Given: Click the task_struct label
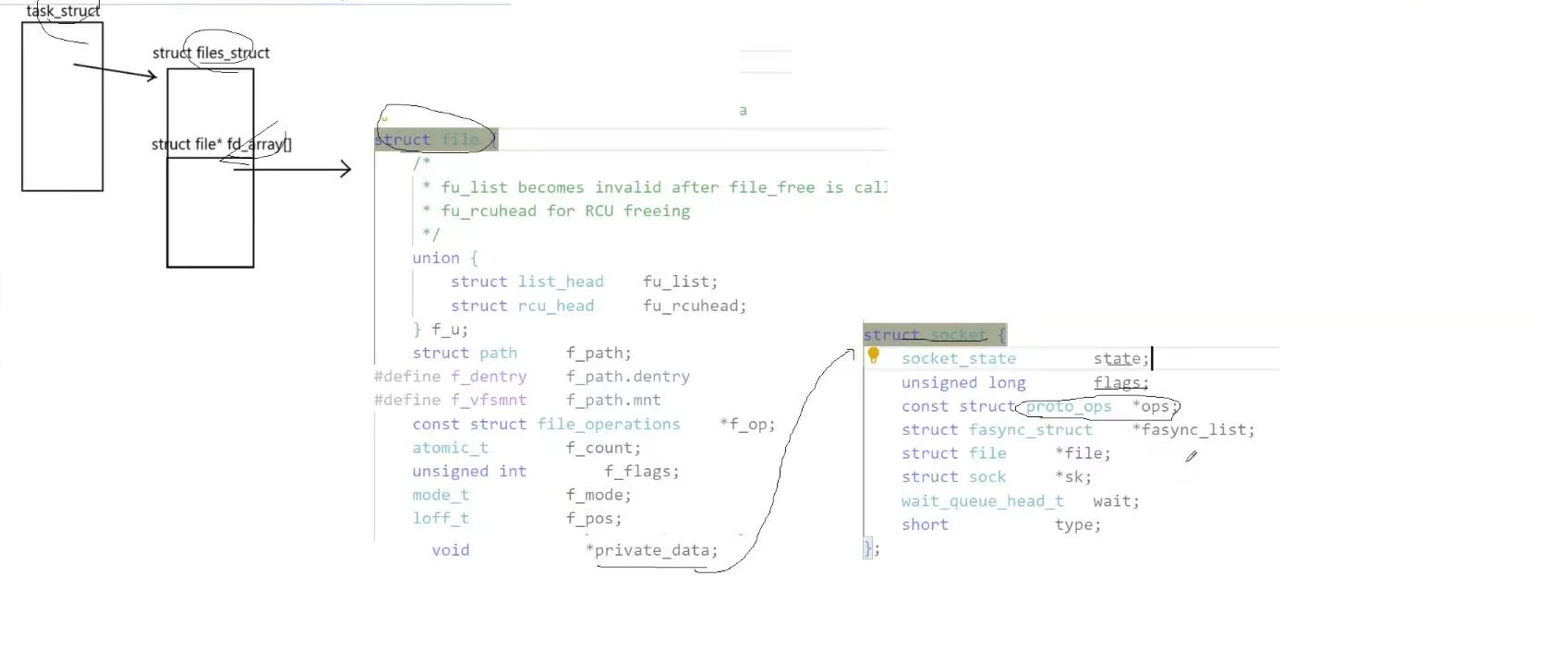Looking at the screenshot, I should (63, 11).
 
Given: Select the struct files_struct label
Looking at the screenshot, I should (211, 53).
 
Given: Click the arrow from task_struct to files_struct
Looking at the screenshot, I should (115, 71).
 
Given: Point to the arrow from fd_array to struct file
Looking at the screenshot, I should (292, 169).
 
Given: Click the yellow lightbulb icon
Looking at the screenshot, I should (873, 355).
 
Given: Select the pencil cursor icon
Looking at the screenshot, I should (1192, 456).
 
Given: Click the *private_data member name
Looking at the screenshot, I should (651, 550).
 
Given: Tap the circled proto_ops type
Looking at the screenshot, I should (1069, 406).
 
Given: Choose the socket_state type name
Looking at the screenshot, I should (959, 358).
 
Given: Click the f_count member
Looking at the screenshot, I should (603, 448).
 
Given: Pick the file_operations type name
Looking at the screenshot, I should (609, 424).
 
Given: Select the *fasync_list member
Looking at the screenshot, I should (1193, 429).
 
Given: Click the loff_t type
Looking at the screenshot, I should (441, 518).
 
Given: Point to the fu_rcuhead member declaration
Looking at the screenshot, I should (695, 306).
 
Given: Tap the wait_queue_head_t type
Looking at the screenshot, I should (982, 500).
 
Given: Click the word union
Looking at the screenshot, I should (436, 258).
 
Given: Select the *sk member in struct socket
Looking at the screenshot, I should (1073, 476).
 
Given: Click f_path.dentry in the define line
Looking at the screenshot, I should (628, 377).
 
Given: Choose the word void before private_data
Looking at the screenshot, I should (451, 550).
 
